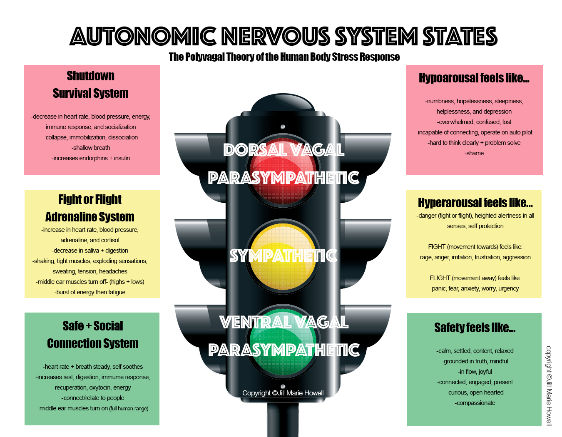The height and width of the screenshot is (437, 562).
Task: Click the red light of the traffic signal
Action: click(283, 171)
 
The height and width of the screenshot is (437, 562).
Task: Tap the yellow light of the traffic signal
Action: click(283, 256)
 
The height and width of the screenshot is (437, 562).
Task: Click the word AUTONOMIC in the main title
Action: click(143, 36)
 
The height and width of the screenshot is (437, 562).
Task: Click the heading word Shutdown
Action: click(90, 76)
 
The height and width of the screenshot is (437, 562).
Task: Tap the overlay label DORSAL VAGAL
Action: click(284, 150)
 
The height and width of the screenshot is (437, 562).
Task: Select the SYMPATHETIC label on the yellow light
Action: click(283, 256)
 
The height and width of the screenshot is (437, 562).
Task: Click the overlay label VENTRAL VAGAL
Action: click(284, 322)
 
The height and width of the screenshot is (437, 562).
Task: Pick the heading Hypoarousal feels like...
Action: click(474, 78)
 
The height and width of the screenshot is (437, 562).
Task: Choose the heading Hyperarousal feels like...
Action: click(475, 202)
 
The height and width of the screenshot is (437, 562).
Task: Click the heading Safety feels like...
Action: click(475, 328)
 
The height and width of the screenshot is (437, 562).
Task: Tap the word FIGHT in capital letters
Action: click(437, 247)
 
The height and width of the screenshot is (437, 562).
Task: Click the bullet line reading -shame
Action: click(474, 153)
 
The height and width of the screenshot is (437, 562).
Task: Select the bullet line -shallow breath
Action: click(90, 148)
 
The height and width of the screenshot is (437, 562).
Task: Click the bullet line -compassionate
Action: click(475, 403)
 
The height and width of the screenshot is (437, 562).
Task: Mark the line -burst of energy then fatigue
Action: click(90, 292)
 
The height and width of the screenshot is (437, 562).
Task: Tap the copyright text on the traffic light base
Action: click(283, 393)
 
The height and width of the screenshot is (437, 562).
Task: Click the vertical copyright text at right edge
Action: click(549, 385)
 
